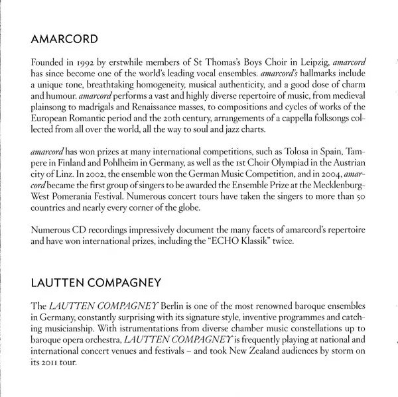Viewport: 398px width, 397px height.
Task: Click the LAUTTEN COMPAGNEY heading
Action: pyautogui.click(x=97, y=284)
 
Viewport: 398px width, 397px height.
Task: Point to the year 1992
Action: pyautogui.click(x=94, y=62)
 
